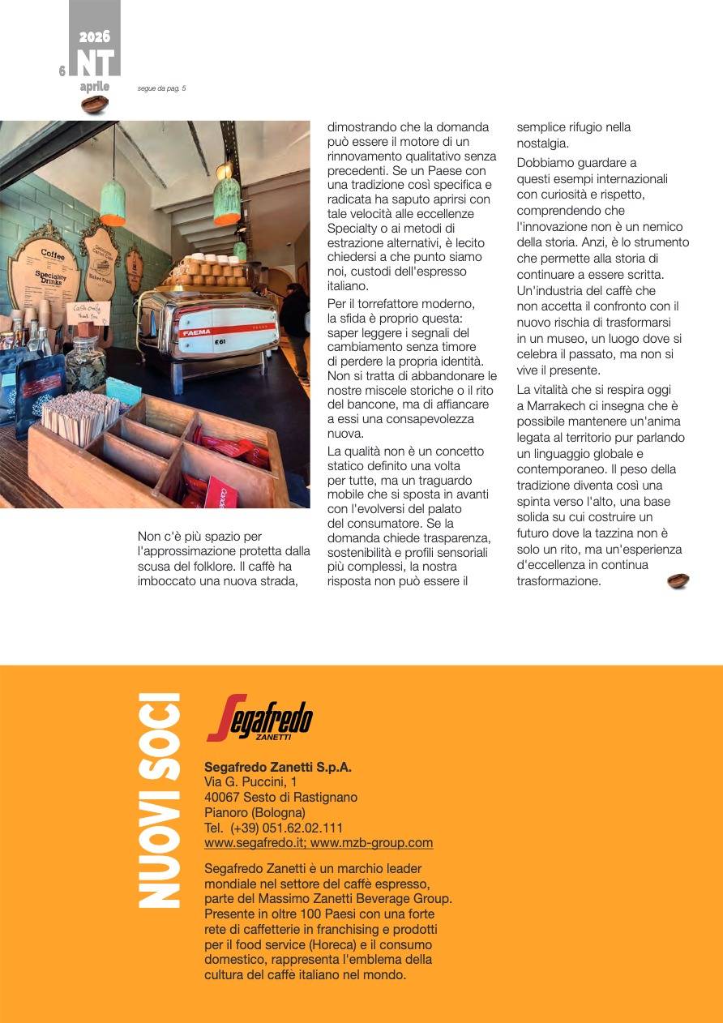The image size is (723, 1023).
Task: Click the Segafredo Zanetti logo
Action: coord(259,718)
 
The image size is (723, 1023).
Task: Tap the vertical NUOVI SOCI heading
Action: coord(158,800)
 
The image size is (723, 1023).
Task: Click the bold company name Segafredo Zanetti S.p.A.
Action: coord(278,767)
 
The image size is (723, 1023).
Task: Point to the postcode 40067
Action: coord(221,797)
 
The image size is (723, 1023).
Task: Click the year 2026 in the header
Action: coord(94,36)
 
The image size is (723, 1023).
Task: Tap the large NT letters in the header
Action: coord(95,62)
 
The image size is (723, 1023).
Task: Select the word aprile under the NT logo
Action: coord(94,87)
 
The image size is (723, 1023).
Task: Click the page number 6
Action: coord(62,71)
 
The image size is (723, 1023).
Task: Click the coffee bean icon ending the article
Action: coord(678,581)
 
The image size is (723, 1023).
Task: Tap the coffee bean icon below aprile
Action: coord(94,104)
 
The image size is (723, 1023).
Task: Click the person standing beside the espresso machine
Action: coord(295,328)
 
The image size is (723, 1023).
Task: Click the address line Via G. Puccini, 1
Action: coord(250,781)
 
